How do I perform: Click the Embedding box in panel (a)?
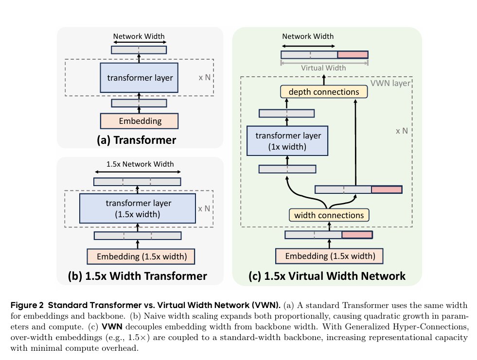tap(140, 120)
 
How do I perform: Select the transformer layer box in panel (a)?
tap(140, 77)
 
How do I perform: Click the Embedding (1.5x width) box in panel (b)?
tap(138, 256)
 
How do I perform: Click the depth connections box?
tap(324, 92)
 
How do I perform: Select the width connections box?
tap(329, 214)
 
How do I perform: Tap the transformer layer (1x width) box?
tap(287, 140)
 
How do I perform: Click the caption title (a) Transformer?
tap(136, 140)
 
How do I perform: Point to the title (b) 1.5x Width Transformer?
tap(138, 276)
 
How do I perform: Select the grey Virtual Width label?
tap(323, 68)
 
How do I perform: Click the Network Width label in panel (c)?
tap(308, 36)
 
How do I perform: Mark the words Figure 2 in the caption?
tap(28, 305)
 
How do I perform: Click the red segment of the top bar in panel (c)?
tap(353, 55)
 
